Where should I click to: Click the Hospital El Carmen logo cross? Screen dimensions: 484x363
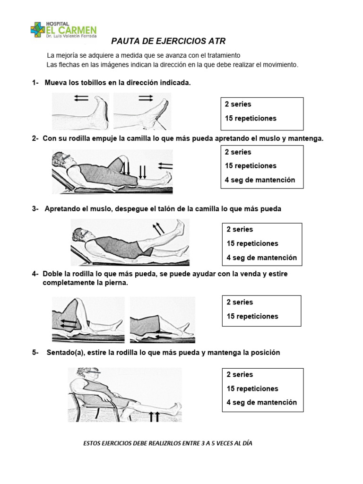[37, 30]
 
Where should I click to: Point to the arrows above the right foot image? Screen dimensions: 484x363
[146, 97]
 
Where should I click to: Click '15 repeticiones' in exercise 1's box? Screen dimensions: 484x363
[251, 118]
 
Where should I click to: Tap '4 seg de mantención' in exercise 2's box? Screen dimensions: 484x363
[260, 180]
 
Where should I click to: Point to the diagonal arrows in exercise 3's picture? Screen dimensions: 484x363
[158, 229]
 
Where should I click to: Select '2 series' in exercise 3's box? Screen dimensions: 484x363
[240, 229]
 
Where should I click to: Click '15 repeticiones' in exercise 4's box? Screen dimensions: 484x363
[252, 316]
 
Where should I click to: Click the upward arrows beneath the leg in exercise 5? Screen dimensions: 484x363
[154, 415]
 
